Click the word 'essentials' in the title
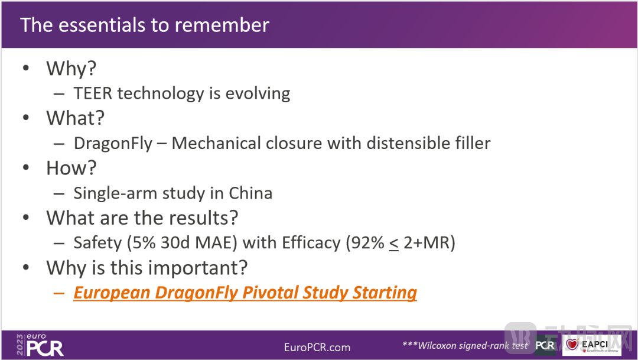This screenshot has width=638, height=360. pyautogui.click(x=102, y=25)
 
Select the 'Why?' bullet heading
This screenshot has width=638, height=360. pyautogui.click(x=71, y=68)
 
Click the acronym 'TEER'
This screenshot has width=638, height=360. pyautogui.click(x=93, y=93)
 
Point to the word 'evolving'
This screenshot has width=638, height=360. pyautogui.click(x=258, y=94)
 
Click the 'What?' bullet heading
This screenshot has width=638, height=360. pyautogui.click(x=75, y=118)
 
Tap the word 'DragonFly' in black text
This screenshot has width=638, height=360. pyautogui.click(x=113, y=144)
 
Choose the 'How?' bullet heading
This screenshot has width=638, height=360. pyautogui.click(x=71, y=168)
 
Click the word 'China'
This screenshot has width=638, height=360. pyautogui.click(x=250, y=193)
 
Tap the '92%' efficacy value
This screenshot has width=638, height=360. pyautogui.click(x=365, y=243)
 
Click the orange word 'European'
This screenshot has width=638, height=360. pyautogui.click(x=112, y=293)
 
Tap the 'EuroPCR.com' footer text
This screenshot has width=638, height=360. pyautogui.click(x=317, y=348)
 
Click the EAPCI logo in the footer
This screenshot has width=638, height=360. pyautogui.click(x=591, y=345)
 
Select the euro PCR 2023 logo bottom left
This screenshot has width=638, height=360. pyautogui.click(x=40, y=345)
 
